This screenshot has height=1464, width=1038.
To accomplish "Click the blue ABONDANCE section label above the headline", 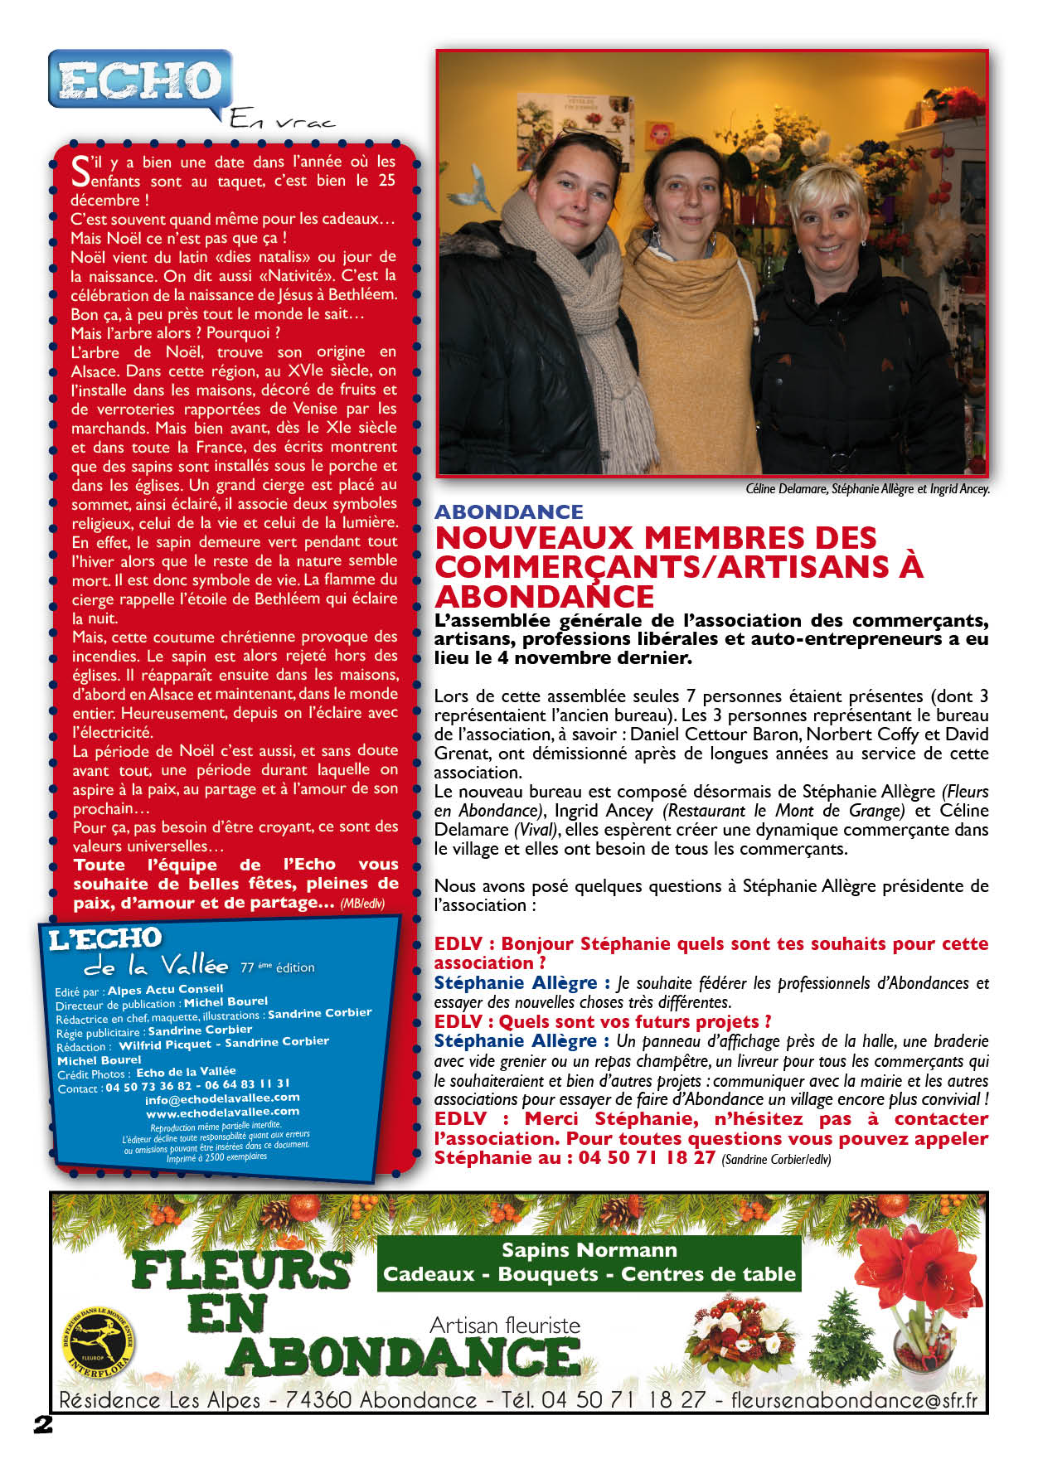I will pos(508,511).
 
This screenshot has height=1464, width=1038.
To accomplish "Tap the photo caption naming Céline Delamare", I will pos(867,489).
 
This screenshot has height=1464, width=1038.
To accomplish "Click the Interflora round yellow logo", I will pos(99,1340).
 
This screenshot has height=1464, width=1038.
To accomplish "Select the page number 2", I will pos(42,1425).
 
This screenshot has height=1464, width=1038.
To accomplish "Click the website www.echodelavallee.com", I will pos(222,1113).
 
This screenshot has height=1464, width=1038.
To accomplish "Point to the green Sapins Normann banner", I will pos(589,1263).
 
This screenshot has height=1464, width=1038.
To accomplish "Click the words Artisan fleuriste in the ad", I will pos(505,1326).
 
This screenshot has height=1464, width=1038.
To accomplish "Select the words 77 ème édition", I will pos(277,967).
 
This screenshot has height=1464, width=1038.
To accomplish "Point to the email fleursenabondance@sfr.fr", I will pos(854,1400).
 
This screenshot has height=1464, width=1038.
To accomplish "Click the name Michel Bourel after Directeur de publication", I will pos(226,1001).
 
